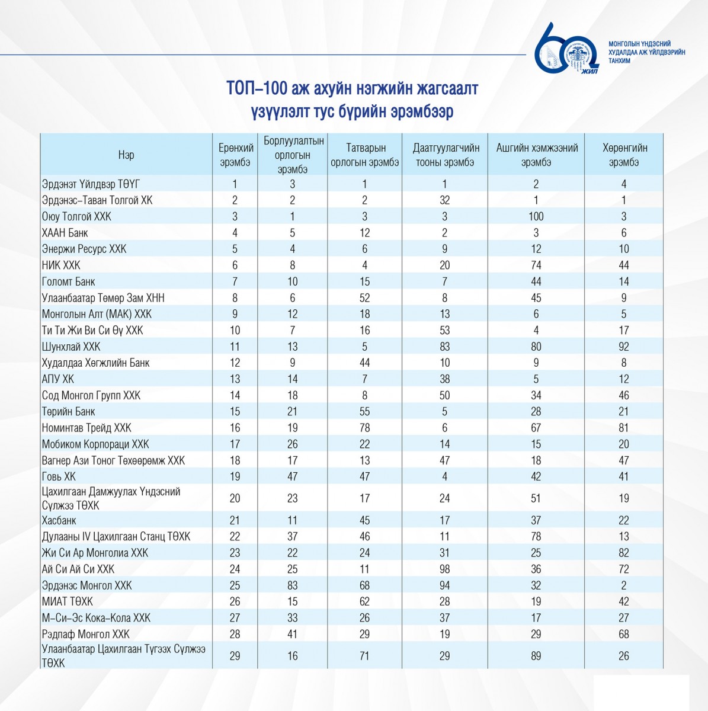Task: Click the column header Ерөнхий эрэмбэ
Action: coord(235,155)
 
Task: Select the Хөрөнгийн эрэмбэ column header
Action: coord(624,155)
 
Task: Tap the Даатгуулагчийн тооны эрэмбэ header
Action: coord(446,155)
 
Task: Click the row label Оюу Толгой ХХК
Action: coord(76,217)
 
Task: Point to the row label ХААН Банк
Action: coord(65,233)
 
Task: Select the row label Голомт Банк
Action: coord(68,281)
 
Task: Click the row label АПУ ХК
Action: coord(58,379)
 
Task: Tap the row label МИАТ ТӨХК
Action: coord(67,601)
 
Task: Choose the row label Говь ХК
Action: coord(59,476)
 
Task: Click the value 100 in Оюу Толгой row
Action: coord(536,217)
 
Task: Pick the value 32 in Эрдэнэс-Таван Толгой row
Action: coord(444,200)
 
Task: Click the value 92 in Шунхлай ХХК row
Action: coord(624,347)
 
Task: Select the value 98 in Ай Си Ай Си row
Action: coord(444,569)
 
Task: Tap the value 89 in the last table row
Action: coord(536,656)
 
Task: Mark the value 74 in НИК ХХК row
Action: coord(536,265)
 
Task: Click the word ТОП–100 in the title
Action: coord(257,88)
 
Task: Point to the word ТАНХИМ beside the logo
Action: coord(620,61)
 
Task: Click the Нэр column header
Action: coord(126,155)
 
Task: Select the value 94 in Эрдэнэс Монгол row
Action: coord(444,585)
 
